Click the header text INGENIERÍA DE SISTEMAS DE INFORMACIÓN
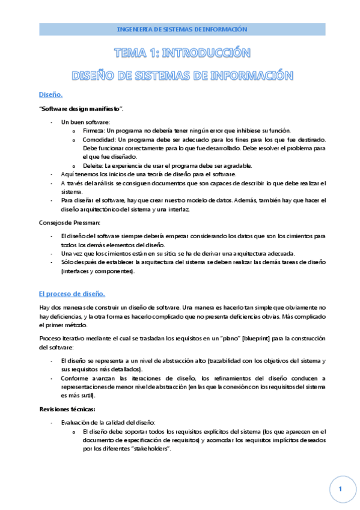pos(181,29)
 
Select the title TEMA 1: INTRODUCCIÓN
pos(181,54)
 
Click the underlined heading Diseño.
pos(50,95)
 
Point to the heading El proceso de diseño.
pos(72,293)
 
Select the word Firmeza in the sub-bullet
pos(94,131)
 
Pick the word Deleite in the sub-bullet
pos(93,166)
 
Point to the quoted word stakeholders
pos(147,449)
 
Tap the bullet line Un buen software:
pos(81,122)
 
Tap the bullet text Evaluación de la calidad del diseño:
pos(108,422)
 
